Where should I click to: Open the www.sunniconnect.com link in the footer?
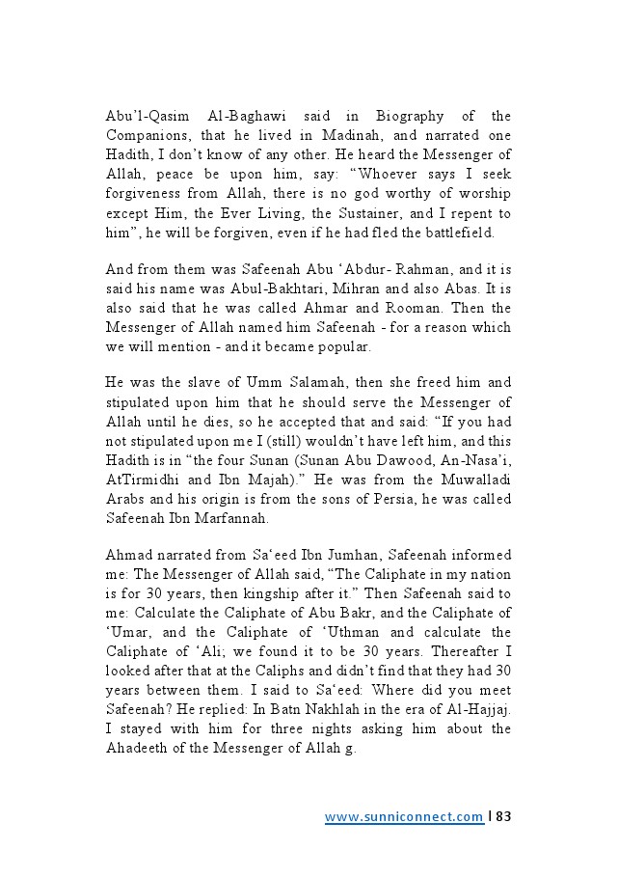point(403,817)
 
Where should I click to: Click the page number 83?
point(502,817)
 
